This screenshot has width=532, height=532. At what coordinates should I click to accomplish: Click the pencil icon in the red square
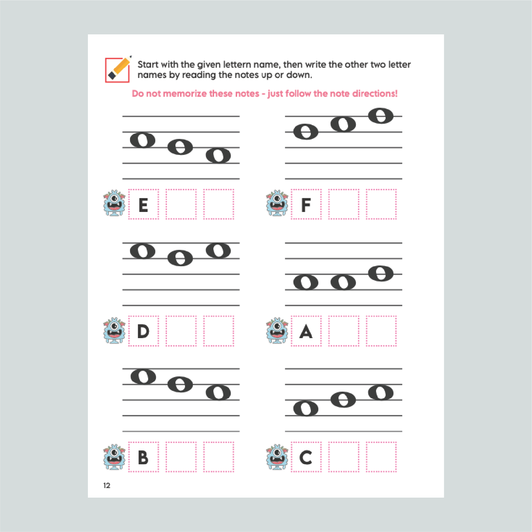click(118, 69)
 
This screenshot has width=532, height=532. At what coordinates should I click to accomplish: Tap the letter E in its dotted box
click(143, 205)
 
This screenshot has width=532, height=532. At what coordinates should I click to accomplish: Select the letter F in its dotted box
click(306, 205)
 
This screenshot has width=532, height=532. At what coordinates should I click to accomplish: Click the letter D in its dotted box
click(143, 331)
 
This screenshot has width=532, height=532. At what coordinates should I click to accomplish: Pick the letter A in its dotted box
click(306, 331)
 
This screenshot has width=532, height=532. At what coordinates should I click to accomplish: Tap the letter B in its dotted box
click(143, 458)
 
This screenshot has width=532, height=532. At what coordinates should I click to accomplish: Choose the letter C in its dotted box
click(306, 458)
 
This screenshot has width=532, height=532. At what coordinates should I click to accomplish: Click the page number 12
click(107, 486)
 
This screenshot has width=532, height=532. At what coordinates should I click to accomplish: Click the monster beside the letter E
click(114, 203)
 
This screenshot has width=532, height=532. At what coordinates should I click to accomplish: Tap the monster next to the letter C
click(277, 457)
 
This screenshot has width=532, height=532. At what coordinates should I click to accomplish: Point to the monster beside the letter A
click(277, 330)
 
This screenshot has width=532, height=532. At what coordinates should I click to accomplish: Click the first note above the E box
click(143, 140)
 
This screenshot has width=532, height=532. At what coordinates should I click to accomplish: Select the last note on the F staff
click(381, 116)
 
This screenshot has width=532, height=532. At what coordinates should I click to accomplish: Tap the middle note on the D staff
click(180, 258)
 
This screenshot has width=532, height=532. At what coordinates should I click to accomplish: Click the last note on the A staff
click(381, 274)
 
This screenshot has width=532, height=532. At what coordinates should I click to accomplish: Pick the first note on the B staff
click(143, 376)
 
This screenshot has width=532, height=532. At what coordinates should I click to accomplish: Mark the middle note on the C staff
click(343, 400)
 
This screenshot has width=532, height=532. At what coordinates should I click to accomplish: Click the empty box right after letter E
click(181, 204)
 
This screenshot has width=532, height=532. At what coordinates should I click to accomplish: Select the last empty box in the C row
click(381, 457)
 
